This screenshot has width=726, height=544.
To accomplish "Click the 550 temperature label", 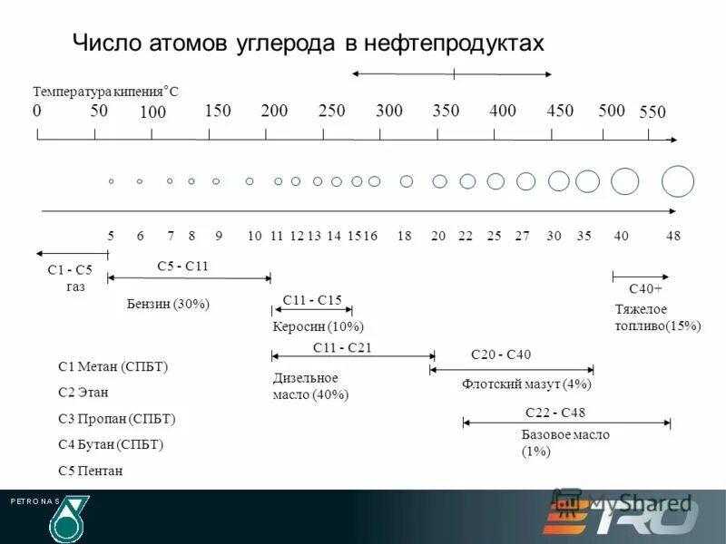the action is point(652,112).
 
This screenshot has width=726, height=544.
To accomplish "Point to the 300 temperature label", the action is point(389,111).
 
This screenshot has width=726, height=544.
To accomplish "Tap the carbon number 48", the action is point(672,236).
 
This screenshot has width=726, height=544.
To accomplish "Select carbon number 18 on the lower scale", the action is point(404,236).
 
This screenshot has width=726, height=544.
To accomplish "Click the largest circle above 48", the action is point(678,181).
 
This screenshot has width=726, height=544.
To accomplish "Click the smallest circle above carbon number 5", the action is point(111,181).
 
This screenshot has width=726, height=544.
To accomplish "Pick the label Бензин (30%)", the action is point(168,305).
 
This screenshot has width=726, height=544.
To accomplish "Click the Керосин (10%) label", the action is point(318,326).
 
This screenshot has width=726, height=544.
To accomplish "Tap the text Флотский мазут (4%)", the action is point(526,384).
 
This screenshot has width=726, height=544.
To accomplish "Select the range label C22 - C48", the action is point(554,413).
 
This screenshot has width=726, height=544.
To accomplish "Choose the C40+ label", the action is point(645,288).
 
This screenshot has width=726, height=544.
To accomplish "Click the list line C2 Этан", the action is point(83,393).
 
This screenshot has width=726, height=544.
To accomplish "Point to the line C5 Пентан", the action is point(90,471).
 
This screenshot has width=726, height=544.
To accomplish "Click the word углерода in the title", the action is point(280,43).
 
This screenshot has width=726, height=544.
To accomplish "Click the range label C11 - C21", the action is point(342,347).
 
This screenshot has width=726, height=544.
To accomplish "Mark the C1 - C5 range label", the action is point(70,270).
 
